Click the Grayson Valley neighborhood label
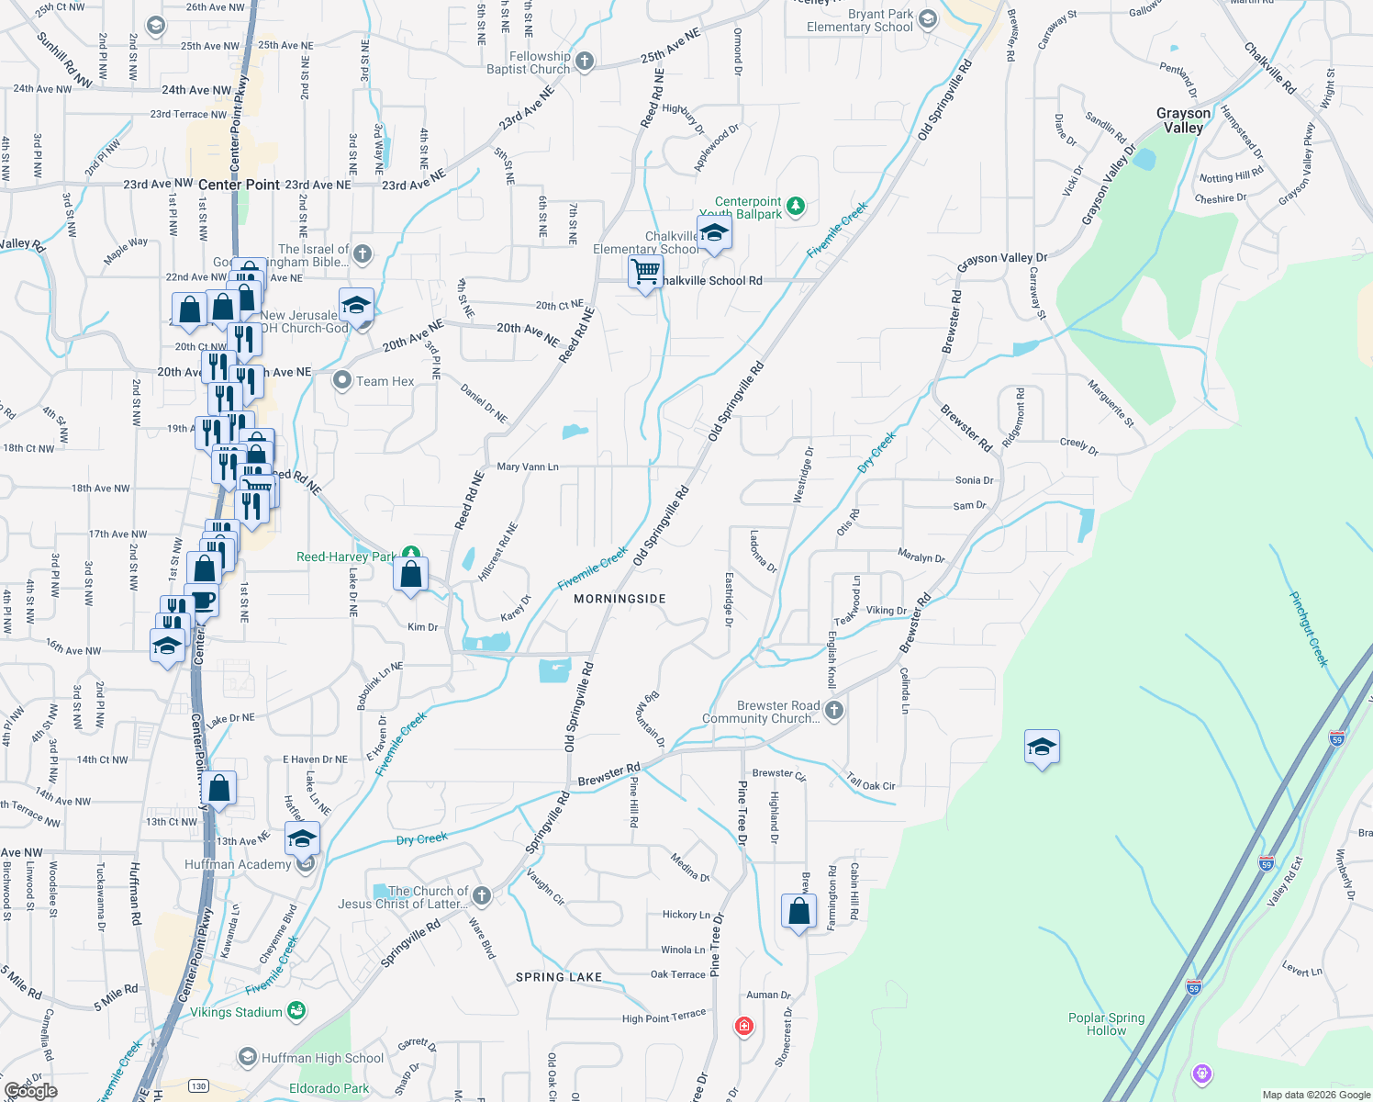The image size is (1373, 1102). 1183,120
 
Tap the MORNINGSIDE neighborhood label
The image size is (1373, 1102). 620,599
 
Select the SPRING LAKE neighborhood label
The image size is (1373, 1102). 558,977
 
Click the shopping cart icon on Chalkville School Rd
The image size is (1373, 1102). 646,272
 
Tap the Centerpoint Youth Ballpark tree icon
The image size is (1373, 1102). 796,207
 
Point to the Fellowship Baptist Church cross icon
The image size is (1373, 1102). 584,62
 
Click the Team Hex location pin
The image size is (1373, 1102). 342,380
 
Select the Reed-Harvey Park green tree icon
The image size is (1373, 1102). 412,555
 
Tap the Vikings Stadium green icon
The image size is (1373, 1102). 296,1012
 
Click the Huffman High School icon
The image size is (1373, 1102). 247,1058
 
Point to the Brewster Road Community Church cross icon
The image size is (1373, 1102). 833,710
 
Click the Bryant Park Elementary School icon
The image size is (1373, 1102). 927,19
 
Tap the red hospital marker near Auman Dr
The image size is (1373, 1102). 744,1025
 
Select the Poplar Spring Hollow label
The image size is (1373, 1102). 1106,1024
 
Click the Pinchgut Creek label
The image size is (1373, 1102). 1309,629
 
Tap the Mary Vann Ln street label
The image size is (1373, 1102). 528,467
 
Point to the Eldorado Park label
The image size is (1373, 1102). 329,1089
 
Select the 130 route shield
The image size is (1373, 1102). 198,1086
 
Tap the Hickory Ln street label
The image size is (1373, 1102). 686,915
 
